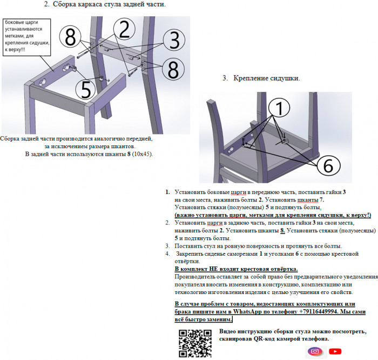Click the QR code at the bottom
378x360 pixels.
[x=194, y=343]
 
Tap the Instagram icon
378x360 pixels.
[x=314, y=351]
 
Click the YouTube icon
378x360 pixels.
[x=335, y=351]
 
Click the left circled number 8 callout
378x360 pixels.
[x=70, y=37]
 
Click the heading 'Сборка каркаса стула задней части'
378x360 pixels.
[x=105, y=4]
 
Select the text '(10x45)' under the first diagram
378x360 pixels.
[x=143, y=154]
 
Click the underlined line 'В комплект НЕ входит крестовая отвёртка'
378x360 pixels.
[x=237, y=269]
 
